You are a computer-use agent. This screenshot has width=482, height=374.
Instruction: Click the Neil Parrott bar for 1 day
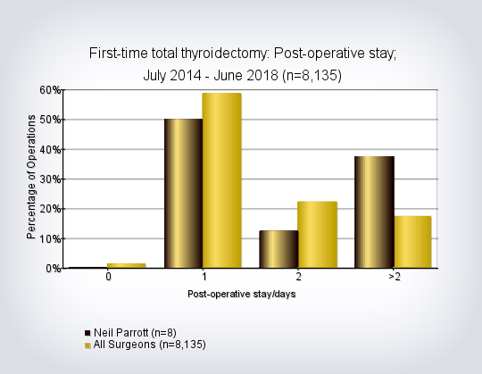[x=184, y=194]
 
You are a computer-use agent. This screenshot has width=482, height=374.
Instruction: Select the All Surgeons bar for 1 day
[x=222, y=180]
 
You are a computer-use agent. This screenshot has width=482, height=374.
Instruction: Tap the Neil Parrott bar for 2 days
[x=278, y=249]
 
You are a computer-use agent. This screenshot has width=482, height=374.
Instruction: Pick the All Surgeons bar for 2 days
[x=318, y=235]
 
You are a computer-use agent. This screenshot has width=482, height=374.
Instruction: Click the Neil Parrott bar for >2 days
[x=374, y=212]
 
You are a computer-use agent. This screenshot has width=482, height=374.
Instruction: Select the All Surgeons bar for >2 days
[x=413, y=242]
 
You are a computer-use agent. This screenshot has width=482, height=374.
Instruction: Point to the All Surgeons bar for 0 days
[x=127, y=266]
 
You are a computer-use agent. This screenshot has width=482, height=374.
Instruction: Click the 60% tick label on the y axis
[x=50, y=90]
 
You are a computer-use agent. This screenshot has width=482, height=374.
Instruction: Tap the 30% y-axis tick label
[x=50, y=179]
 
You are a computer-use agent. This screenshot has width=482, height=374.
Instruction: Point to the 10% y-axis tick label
[x=50, y=239]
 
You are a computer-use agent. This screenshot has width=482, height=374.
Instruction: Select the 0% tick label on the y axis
[x=54, y=269]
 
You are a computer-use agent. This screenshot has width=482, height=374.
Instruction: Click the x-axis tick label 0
[x=108, y=277]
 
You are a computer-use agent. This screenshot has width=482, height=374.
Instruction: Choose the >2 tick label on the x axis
[x=395, y=277]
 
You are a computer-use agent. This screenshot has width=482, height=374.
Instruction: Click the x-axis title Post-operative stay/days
[x=242, y=294]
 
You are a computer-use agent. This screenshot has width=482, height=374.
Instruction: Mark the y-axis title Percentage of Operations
[x=31, y=177]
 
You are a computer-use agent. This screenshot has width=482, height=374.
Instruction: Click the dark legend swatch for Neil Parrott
[x=87, y=333]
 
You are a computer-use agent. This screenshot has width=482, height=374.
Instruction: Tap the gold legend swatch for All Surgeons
[x=87, y=345]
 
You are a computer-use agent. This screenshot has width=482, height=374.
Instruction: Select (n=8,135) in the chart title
[x=312, y=76]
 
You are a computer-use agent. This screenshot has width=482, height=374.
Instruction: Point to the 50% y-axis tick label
[x=50, y=120]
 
